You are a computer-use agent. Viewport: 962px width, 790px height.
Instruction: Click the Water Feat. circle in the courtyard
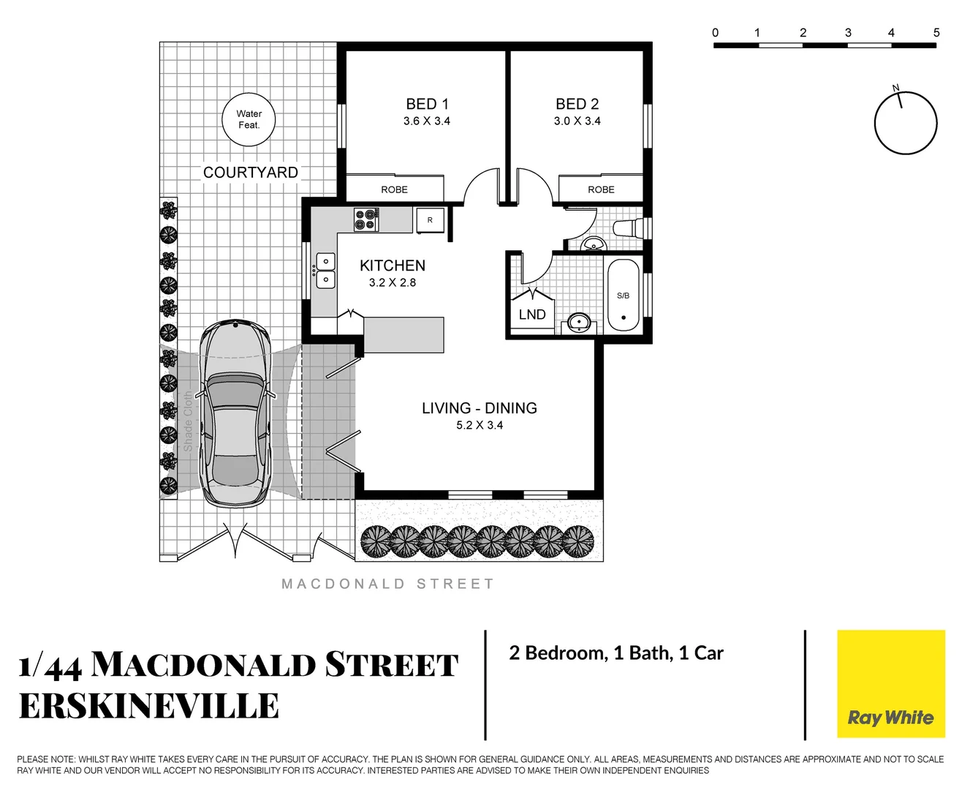pos(249,119)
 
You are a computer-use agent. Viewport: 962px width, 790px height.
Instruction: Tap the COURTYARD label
pos(251,173)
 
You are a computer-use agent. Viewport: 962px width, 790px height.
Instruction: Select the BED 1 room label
pos(427,104)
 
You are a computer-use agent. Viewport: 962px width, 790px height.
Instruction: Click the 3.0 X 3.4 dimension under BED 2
pos(577,121)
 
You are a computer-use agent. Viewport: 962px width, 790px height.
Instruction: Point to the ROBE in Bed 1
pos(394,189)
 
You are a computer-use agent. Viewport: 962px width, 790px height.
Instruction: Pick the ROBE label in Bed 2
pos(601,189)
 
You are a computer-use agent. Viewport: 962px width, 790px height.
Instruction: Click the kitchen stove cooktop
pos(366,219)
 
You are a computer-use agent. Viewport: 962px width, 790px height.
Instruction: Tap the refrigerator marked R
pos(430,220)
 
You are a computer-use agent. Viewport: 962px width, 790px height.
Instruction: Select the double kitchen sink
pos(325,270)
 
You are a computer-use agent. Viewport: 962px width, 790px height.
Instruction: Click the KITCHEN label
pos(393,266)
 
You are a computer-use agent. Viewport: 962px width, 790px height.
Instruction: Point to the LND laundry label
pos(531,315)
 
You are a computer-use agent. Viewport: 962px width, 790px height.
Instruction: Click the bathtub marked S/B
pos(623,296)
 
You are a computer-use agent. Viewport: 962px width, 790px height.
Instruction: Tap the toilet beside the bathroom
pos(629,227)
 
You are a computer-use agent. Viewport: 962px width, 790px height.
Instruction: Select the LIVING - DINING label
pos(480,408)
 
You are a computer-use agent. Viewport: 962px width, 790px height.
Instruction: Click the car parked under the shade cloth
pos(235,413)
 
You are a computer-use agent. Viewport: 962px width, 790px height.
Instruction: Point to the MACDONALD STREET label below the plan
pos(388,584)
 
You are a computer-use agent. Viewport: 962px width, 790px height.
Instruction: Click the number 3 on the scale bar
pos(848,33)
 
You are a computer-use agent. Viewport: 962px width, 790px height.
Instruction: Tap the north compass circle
pos(906,123)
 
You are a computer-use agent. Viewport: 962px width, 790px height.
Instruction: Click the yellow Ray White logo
pos(890,684)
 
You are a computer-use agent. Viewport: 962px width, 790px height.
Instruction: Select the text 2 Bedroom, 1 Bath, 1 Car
pos(616,653)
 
